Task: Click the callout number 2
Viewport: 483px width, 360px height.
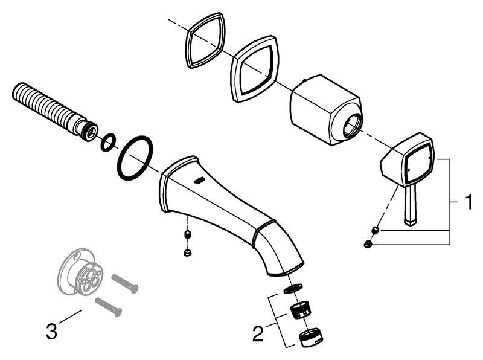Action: point(258,332)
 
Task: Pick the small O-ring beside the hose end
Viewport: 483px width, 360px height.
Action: point(108,142)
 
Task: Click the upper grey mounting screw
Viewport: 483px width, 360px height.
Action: point(125,282)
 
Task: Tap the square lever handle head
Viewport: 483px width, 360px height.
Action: point(410,161)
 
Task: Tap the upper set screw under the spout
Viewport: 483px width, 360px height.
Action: point(188,233)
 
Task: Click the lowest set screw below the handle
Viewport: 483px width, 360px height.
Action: point(367,244)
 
